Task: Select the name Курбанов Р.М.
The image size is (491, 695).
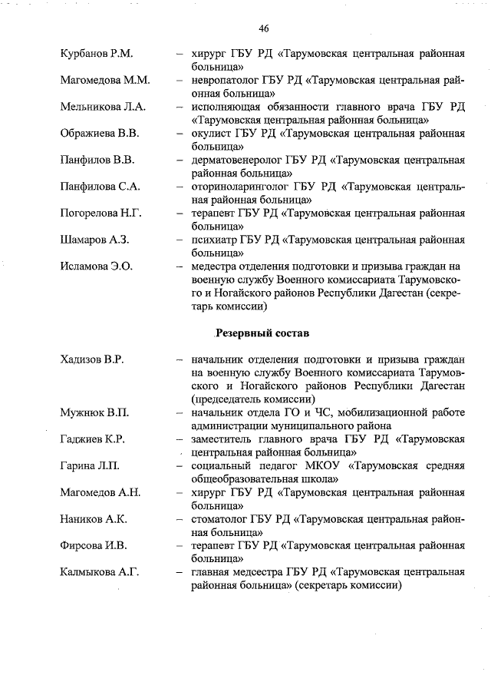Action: coord(97,54)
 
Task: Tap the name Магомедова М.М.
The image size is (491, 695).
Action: coord(105,80)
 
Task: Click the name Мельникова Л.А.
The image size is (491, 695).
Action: coord(103,107)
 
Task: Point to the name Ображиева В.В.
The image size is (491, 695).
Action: coord(100,134)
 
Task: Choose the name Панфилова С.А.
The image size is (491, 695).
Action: coord(100,187)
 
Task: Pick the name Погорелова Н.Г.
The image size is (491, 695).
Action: coord(101,213)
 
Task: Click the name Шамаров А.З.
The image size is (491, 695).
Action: coord(94,240)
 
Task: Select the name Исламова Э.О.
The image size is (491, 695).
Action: coord(97,266)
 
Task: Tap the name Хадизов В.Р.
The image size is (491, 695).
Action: coord(92,359)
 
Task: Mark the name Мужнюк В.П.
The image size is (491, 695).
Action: coord(94,412)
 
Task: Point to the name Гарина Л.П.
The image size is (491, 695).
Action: coord(91,466)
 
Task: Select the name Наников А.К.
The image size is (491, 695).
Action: coord(94,519)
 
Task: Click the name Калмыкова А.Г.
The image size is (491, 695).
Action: coord(99,572)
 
